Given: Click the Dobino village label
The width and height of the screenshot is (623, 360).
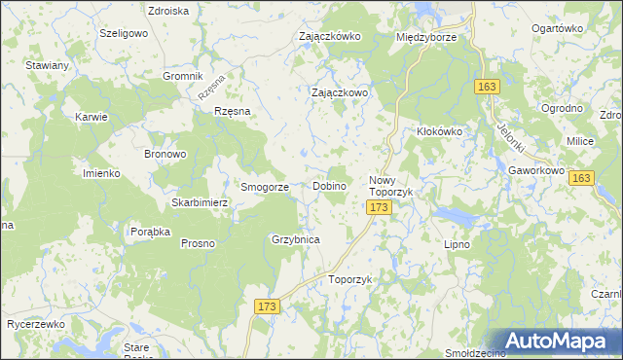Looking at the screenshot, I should click(330, 186).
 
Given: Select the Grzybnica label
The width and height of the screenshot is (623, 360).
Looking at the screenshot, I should click(296, 238).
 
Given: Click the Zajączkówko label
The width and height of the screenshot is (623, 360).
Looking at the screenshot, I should click(330, 37).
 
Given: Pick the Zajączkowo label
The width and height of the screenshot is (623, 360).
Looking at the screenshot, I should click(339, 93).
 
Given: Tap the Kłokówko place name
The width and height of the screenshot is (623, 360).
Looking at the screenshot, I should click(438, 130).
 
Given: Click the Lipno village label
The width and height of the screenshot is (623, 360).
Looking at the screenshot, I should click(457, 244).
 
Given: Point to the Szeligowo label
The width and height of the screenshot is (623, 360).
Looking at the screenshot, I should click(123, 32).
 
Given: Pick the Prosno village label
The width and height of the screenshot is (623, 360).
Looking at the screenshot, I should click(197, 243).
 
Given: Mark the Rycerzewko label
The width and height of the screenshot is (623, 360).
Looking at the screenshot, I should click(35, 323).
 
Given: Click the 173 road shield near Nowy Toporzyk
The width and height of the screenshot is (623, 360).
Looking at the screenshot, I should click(380, 208).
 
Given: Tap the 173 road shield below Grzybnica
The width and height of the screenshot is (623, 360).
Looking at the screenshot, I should click(269, 306).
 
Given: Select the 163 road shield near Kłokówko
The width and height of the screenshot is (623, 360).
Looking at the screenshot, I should click(489, 88).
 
